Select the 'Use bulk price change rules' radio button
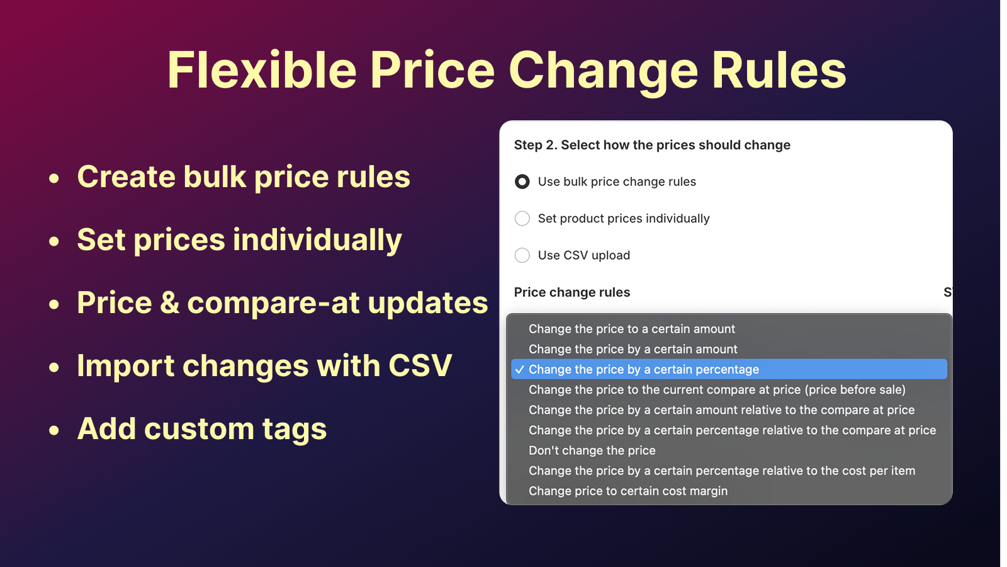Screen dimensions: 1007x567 click(x=522, y=182)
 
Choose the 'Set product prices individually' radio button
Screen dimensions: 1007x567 click(x=522, y=219)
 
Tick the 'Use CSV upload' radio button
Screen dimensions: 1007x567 click(x=522, y=255)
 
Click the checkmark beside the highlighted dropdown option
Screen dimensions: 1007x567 click(x=520, y=369)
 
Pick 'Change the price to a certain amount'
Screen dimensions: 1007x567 click(x=632, y=329)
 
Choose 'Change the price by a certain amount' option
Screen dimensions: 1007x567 click(x=633, y=349)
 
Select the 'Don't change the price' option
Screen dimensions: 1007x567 click(x=592, y=450)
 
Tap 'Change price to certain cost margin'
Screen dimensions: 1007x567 click(x=628, y=491)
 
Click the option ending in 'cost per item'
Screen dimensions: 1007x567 click(x=722, y=471)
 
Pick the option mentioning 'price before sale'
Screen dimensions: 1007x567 click(x=717, y=390)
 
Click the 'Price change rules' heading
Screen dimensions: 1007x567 click(x=572, y=292)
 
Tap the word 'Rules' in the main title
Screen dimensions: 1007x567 click(x=779, y=71)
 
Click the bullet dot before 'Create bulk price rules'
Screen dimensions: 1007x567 click(x=54, y=178)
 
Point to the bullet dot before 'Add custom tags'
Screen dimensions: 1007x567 click(x=54, y=430)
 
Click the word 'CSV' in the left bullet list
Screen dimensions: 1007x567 click(x=420, y=365)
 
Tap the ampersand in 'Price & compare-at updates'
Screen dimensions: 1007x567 click(x=169, y=302)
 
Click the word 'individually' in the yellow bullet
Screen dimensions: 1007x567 click(x=317, y=240)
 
